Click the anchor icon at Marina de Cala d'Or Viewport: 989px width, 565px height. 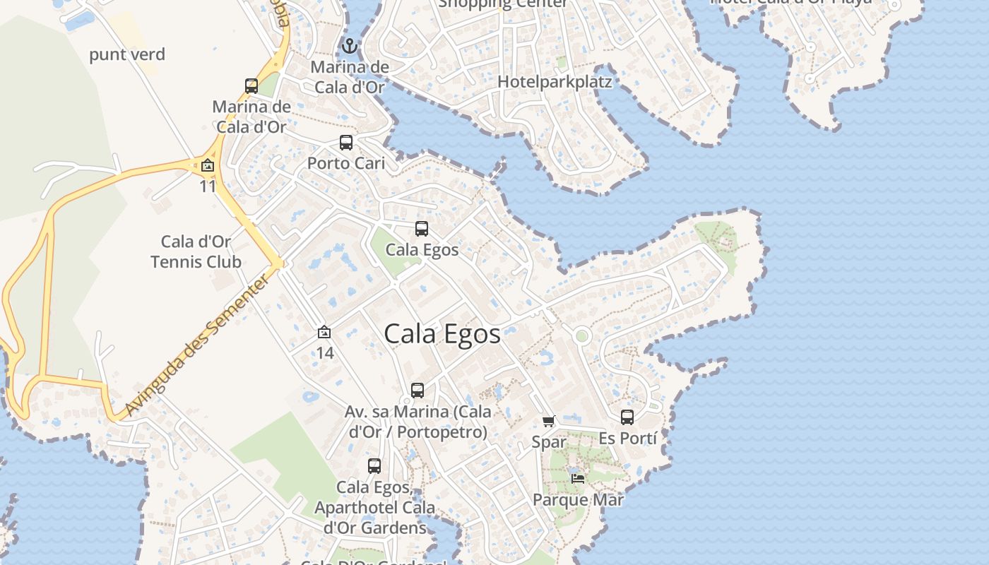[349, 47]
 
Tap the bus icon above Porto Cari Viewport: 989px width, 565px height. [346, 143]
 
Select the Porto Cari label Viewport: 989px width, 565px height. [346, 163]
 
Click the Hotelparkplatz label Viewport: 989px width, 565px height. [555, 81]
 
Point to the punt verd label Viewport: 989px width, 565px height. [127, 54]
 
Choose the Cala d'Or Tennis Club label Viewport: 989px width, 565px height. [196, 252]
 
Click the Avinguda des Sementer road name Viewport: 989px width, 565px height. [197, 346]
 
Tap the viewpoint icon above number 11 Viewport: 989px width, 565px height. [208, 166]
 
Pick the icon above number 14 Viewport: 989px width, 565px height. [324, 332]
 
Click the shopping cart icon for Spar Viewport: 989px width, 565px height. [549, 422]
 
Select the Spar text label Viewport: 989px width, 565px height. [549, 442]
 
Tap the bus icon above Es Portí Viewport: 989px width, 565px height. [627, 417]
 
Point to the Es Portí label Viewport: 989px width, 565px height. [627, 439]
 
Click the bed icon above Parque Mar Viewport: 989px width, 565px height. [578, 478]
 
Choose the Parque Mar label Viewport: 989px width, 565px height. [578, 500]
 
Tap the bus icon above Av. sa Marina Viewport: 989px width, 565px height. [417, 391]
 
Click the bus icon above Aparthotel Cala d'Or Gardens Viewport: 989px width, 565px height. [374, 466]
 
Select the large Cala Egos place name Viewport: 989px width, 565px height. [442, 334]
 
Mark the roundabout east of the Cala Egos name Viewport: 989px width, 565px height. [582, 336]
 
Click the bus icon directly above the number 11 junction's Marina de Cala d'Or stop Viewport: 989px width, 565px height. [251, 86]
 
